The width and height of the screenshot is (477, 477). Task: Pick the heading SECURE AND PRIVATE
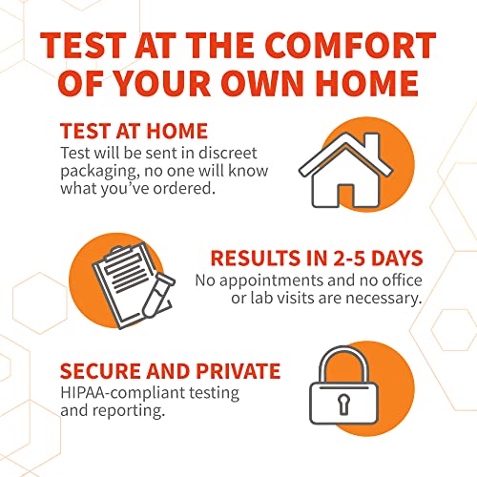(x=170, y=371)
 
